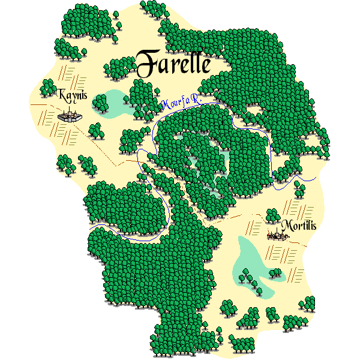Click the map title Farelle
pyautogui.click(x=173, y=63)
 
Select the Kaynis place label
pyautogui.click(x=73, y=95)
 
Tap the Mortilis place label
pyautogui.click(x=298, y=226)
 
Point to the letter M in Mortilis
pyautogui.click(x=286, y=226)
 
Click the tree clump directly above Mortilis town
pyautogui.click(x=272, y=214)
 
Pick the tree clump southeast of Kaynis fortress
pyautogui.click(x=95, y=130)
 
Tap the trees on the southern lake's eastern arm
pyautogui.click(x=275, y=274)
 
